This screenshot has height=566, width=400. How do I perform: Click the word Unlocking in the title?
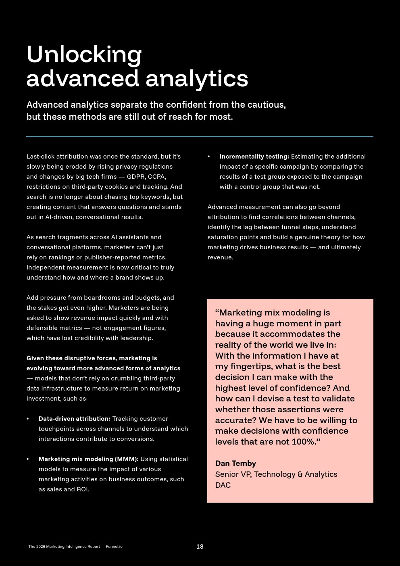click(84, 54)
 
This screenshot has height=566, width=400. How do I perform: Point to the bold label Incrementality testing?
click(254, 157)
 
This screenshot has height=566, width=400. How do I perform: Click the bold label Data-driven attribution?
click(74, 419)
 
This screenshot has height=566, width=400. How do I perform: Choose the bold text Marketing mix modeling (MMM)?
click(88, 459)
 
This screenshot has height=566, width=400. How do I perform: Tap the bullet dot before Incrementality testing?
click(209, 157)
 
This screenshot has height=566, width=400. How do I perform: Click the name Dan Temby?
click(235, 464)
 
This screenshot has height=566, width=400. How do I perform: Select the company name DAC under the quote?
click(223, 485)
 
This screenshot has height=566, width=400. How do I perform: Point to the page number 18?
click(200, 547)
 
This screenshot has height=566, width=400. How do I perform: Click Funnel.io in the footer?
click(114, 547)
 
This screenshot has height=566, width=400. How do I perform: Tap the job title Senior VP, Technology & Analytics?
click(276, 474)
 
